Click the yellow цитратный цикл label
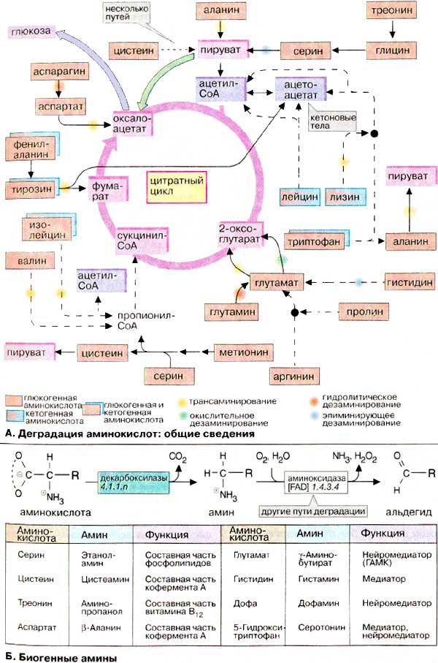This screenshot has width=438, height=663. (174, 181)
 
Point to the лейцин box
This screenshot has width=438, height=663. (299, 197)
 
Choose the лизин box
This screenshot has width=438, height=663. (342, 197)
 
